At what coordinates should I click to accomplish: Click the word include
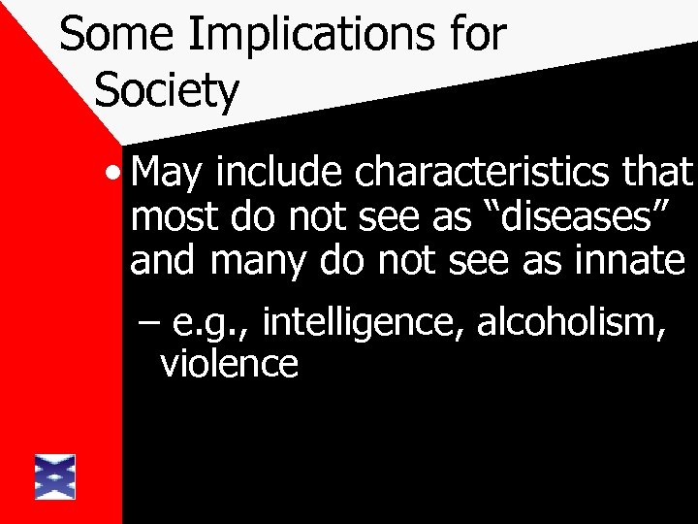280,175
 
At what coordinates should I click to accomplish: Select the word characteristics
492,175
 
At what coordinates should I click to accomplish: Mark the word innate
635,259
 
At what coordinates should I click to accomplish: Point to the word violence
228,366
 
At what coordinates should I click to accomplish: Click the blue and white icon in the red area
54,475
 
